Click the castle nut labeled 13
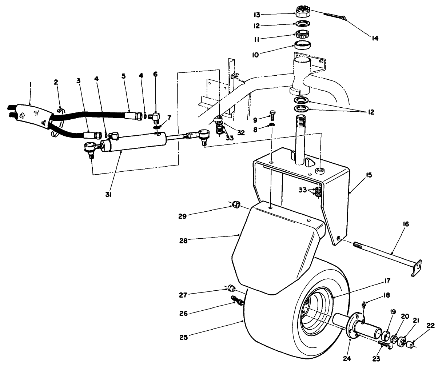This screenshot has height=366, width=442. coord(302,12)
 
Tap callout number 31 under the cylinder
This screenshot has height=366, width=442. coord(108,194)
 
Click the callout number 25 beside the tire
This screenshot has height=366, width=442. coord(184,337)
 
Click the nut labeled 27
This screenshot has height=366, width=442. coord(231,290)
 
